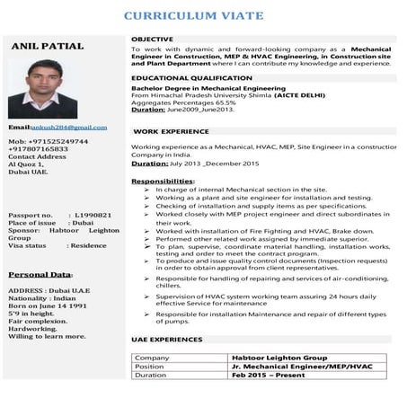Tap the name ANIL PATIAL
click(49, 46)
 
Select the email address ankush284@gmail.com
click(68, 128)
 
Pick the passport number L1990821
click(93, 216)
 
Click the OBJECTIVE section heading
click(154, 40)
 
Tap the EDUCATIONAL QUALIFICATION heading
click(191, 78)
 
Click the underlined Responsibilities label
click(163, 181)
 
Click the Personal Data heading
click(40, 273)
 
